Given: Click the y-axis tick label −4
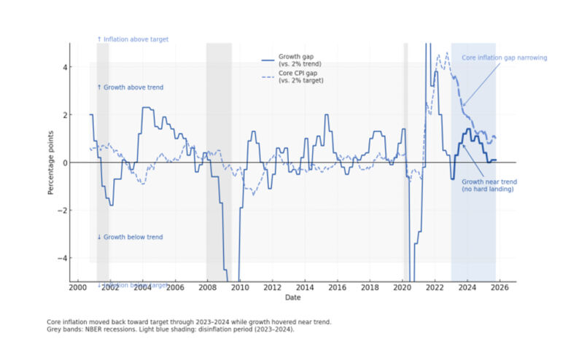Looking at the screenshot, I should [x=63, y=258].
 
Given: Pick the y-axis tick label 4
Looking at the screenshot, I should [x=65, y=67].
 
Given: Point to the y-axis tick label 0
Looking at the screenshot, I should [x=65, y=163].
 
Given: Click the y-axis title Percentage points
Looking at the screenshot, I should [x=50, y=163].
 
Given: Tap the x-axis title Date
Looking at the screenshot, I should [x=292, y=297].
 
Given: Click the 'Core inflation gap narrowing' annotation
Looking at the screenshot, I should [x=504, y=58].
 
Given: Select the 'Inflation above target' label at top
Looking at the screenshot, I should [x=132, y=39].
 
